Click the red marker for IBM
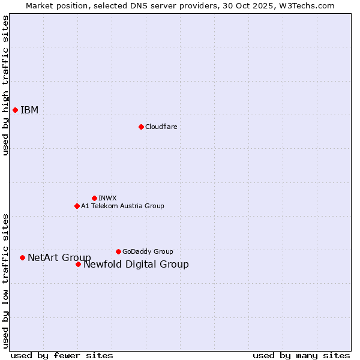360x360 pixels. [15, 110]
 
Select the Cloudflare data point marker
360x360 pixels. [141, 127]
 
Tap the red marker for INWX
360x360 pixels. [94, 198]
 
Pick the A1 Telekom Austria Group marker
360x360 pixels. [77, 206]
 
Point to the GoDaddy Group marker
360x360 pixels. [118, 251]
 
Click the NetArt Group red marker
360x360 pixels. [22, 257]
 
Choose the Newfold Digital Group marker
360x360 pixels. [78, 264]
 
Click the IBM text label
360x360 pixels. [29, 110]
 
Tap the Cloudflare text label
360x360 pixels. [161, 127]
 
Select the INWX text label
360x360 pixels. [107, 198]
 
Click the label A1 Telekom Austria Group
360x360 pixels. [122, 206]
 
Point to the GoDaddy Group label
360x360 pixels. [148, 251]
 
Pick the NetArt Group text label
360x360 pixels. [59, 257]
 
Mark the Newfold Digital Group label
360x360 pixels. [136, 264]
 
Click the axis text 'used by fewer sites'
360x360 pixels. [62, 355]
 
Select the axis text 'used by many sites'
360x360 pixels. [301, 355]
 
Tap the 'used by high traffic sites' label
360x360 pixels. [5, 85]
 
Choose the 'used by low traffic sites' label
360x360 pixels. [5, 280]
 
